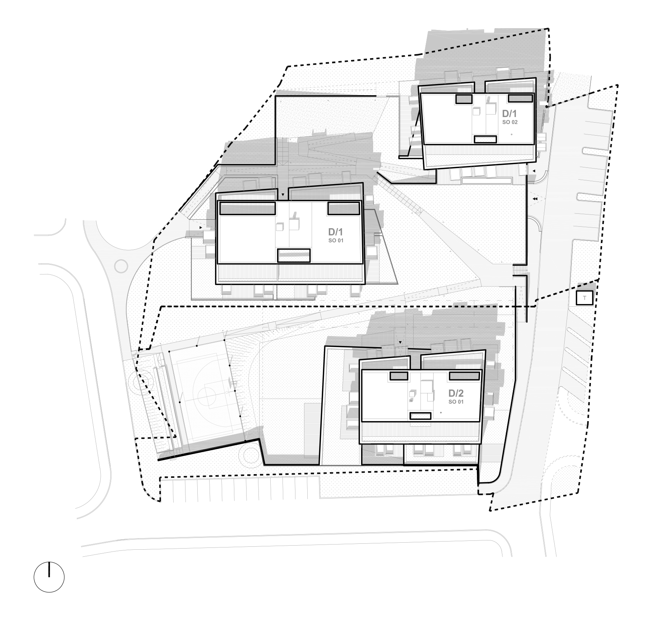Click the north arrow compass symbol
pyautogui.click(x=49, y=577)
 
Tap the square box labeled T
pyautogui.click(x=585, y=298)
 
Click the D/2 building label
pyautogui.click(x=456, y=393)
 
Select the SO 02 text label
pyautogui.click(x=510, y=122)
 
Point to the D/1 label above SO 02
pyautogui.click(x=509, y=113)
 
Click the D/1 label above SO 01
pyautogui.click(x=335, y=232)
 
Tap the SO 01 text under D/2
pyautogui.click(x=456, y=402)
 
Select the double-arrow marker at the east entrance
pyautogui.click(x=535, y=199)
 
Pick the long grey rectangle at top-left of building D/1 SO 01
pyautogui.click(x=247, y=208)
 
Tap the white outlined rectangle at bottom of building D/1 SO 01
pyautogui.click(x=294, y=256)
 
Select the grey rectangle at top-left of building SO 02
pyautogui.click(x=464, y=99)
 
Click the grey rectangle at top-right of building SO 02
pyautogui.click(x=520, y=98)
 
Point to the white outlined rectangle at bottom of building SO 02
pyautogui.click(x=485, y=139)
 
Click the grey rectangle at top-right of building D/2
pyautogui.click(x=464, y=376)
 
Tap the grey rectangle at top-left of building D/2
pyautogui.click(x=398, y=376)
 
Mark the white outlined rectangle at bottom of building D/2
pyautogui.click(x=421, y=416)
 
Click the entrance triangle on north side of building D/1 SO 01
pyautogui.click(x=283, y=194)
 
